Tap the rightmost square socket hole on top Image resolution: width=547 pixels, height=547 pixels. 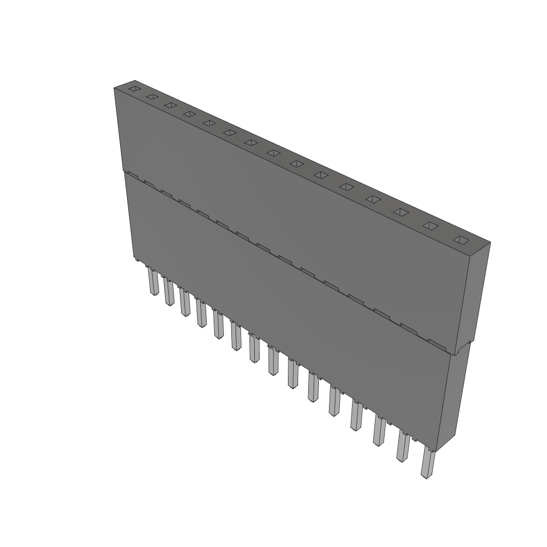point(460,240)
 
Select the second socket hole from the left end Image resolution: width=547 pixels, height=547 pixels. point(152,97)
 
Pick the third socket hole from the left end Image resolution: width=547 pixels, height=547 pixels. point(170,105)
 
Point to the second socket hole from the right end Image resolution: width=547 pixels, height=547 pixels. point(430,226)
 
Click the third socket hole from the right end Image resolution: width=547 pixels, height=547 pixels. point(401,212)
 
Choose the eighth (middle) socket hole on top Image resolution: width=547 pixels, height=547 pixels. point(273,153)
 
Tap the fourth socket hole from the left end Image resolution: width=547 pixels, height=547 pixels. point(189,114)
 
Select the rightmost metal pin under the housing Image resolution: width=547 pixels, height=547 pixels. point(427,463)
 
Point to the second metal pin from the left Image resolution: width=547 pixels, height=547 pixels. point(169,292)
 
